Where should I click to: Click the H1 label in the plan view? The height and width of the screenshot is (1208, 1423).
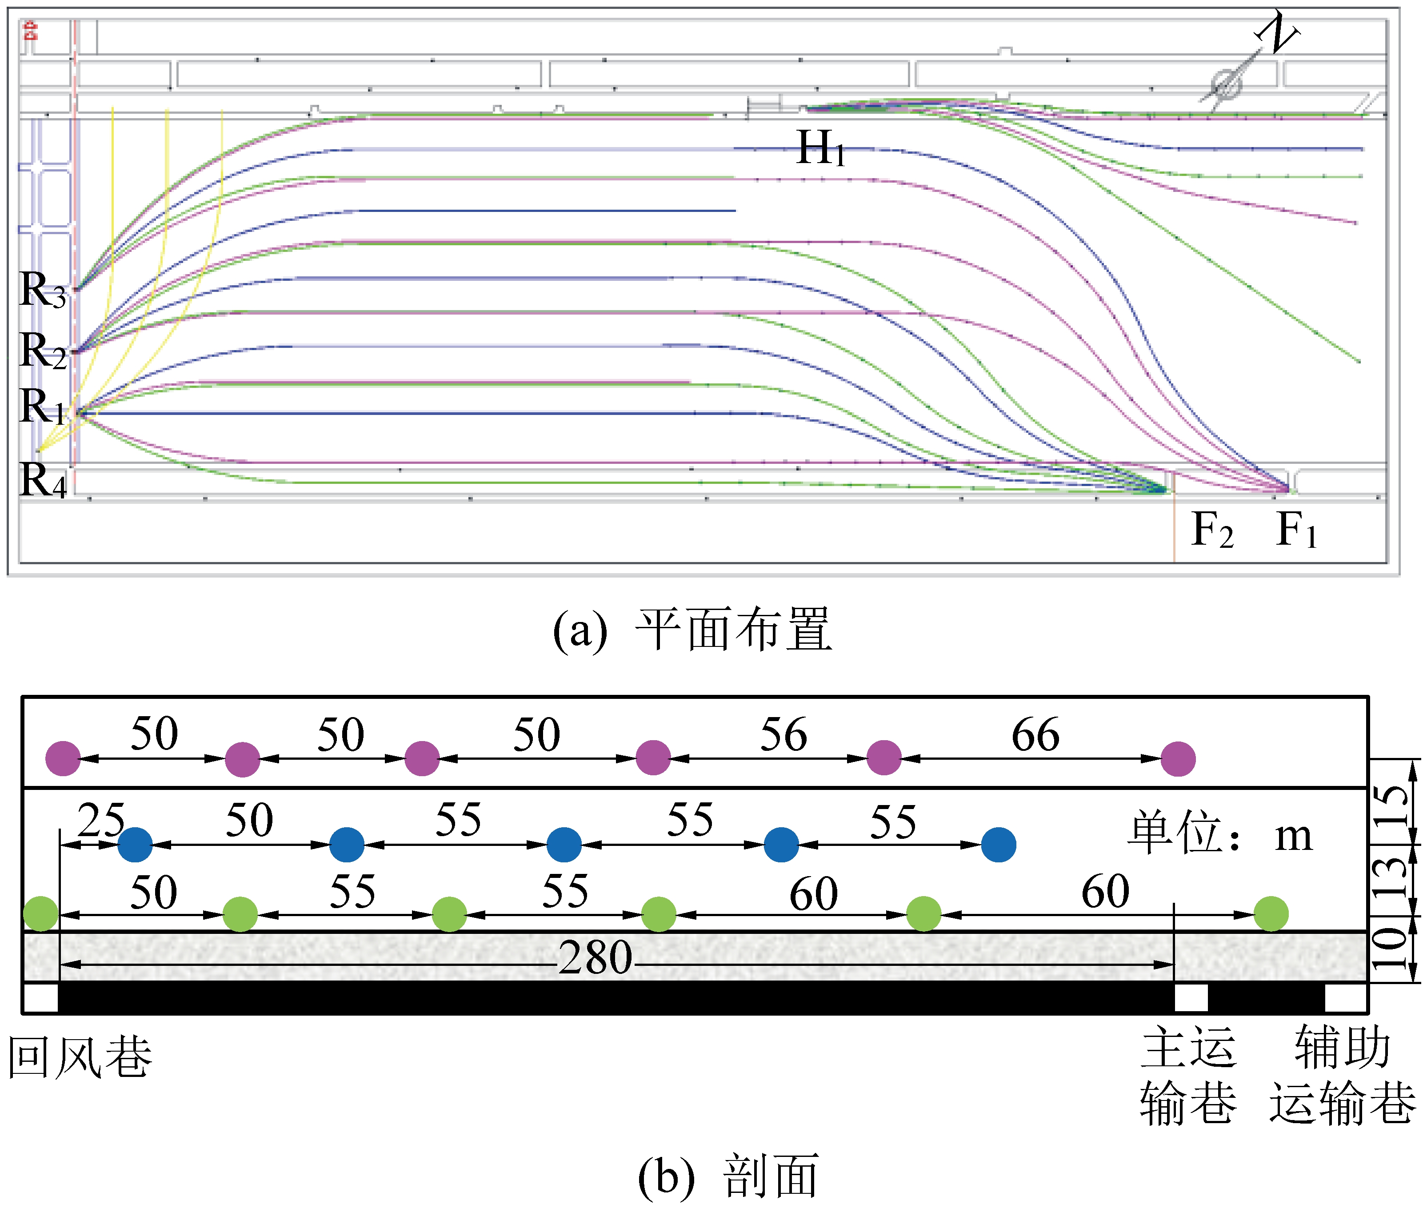820,148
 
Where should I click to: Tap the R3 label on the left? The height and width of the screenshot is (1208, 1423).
43,291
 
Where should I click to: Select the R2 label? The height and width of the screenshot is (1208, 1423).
43,351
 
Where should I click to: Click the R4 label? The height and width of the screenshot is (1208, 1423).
43,481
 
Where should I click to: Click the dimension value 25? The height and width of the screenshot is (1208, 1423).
101,820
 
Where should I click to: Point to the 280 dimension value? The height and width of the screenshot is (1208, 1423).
595,957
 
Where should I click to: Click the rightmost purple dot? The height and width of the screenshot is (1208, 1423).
1178,759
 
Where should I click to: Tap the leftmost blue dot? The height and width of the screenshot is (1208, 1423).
135,845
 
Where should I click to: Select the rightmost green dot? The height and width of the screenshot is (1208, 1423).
1271,913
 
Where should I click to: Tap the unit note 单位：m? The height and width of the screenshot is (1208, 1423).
1219,834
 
